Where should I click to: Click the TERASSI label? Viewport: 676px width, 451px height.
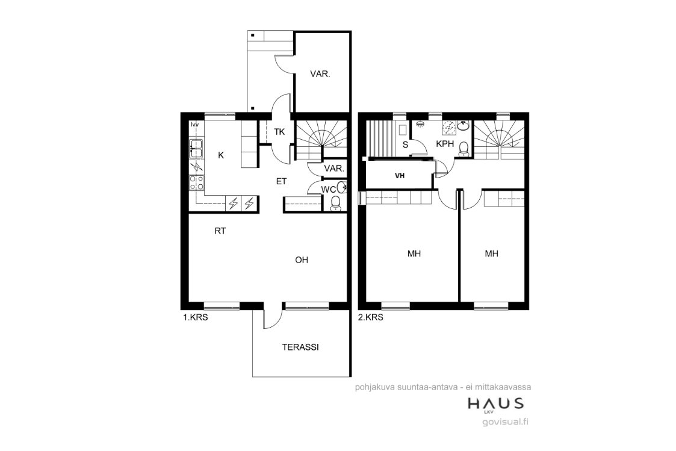(x=300, y=347)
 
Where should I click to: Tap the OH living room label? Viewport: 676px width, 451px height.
(x=302, y=260)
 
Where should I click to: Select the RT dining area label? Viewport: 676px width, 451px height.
(x=220, y=231)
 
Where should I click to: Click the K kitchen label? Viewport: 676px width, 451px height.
(x=221, y=155)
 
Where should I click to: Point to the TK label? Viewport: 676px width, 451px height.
(x=279, y=132)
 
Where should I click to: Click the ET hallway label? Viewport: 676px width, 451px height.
(x=281, y=181)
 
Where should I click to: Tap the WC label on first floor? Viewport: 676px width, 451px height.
(x=328, y=189)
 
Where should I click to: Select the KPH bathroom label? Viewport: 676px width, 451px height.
(x=445, y=143)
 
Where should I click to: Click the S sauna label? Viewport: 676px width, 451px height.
(x=405, y=145)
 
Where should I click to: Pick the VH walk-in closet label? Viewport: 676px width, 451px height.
(x=400, y=176)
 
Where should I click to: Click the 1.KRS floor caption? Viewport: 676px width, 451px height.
(x=196, y=318)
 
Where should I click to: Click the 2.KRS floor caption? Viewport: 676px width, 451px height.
(x=371, y=318)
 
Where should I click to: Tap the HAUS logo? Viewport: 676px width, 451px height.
(x=496, y=405)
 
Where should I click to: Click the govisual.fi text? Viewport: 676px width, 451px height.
(x=505, y=421)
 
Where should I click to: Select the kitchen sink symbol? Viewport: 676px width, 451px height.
(x=196, y=149)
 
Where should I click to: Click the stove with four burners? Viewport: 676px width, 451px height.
(x=197, y=182)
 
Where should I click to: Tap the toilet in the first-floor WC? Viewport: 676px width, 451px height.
(x=335, y=203)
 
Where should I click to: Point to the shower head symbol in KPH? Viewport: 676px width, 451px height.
(x=419, y=124)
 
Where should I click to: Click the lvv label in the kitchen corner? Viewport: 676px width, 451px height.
(x=195, y=125)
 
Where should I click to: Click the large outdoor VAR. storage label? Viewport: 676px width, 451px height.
(x=320, y=74)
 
